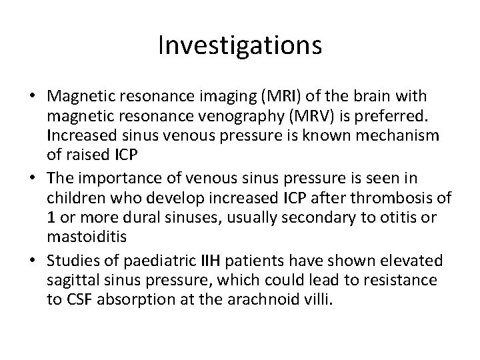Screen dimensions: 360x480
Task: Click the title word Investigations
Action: point(241,46)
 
